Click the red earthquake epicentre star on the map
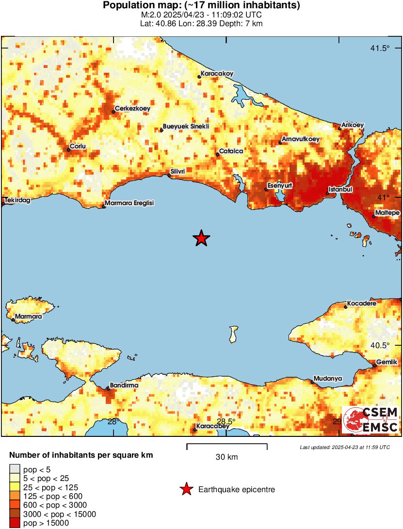[201, 239]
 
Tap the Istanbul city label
[340, 189]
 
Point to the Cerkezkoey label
[132, 109]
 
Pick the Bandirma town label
[124, 385]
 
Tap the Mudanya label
[328, 378]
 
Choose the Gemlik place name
[387, 362]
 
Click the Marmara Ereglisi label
[130, 203]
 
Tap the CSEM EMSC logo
[371, 420]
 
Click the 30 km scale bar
[226, 444]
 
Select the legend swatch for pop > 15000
[15, 523]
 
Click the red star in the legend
[186, 490]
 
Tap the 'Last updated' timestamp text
[344, 447]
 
